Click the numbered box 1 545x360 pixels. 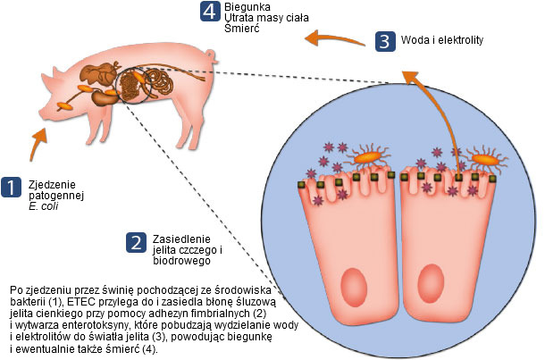click(x=11, y=187)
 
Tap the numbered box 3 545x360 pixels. click(x=383, y=41)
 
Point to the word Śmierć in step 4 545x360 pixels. click(x=241, y=29)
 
